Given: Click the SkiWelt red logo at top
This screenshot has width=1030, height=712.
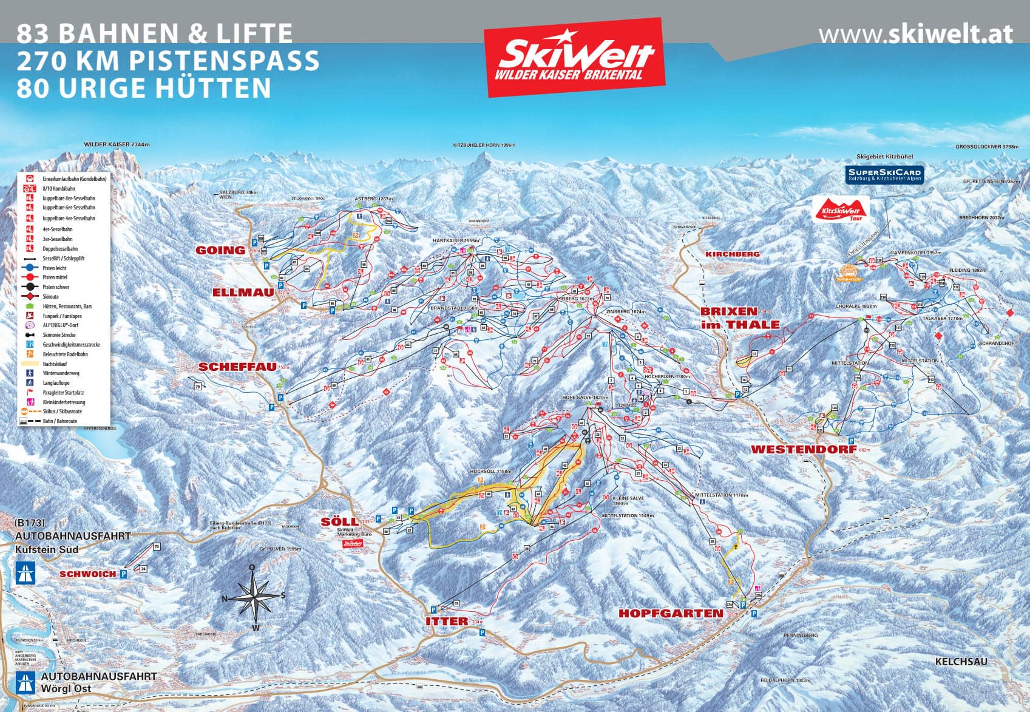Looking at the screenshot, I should click(x=575, y=56).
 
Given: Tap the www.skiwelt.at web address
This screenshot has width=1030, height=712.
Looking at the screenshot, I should click(x=915, y=34).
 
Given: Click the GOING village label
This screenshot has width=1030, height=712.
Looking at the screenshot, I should click(x=220, y=250).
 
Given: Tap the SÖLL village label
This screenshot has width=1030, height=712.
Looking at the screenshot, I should click(x=340, y=522).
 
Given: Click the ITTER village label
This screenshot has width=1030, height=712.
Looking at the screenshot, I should click(x=447, y=622).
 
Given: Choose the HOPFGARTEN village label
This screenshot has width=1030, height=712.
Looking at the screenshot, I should click(x=671, y=614).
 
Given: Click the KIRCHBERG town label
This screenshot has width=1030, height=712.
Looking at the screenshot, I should click(x=732, y=254).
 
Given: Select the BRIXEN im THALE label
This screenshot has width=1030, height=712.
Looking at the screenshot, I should click(x=740, y=318).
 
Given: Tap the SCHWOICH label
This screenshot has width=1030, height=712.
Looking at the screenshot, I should click(x=87, y=574).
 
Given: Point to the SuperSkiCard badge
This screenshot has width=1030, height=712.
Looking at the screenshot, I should click(x=884, y=174).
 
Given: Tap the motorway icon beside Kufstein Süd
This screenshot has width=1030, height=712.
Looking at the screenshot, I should click(x=25, y=573).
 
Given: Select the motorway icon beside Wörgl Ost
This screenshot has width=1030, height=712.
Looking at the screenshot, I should click(x=25, y=682).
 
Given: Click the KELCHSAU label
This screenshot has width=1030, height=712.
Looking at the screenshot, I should click(x=961, y=662).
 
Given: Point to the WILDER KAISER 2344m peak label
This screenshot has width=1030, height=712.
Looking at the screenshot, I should click(x=117, y=144).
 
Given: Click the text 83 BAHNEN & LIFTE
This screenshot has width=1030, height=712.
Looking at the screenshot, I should click(x=155, y=33).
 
